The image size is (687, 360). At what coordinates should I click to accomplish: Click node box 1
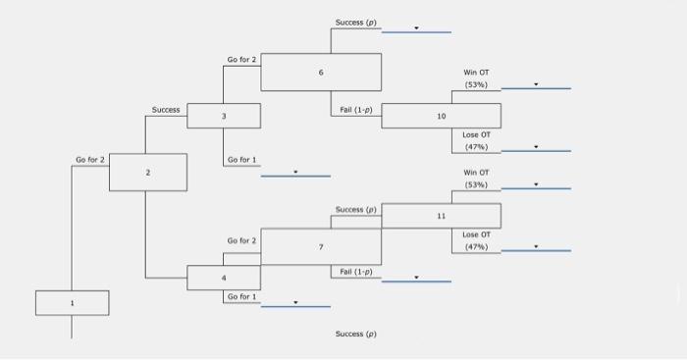(x=72, y=303)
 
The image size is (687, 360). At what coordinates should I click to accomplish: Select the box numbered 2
(x=146, y=173)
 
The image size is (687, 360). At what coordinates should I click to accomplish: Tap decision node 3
(x=224, y=116)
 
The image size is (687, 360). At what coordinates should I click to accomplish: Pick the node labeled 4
(x=224, y=278)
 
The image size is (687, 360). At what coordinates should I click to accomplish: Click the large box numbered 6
(x=320, y=73)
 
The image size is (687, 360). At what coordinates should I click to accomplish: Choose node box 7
(x=320, y=246)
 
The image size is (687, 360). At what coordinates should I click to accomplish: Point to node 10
(x=441, y=116)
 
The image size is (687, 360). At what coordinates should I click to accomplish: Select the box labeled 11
(x=441, y=215)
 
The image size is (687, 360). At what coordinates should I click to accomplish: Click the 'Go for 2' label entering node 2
(x=90, y=159)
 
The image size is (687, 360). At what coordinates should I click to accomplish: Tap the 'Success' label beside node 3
(x=166, y=110)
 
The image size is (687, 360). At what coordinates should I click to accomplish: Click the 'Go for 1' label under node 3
(x=241, y=159)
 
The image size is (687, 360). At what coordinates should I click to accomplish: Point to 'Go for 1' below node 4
(x=241, y=295)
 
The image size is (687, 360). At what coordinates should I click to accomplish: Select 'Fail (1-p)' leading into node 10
(x=355, y=110)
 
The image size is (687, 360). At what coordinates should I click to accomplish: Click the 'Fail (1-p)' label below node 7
(x=355, y=271)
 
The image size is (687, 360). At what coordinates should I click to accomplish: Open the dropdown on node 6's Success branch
(x=416, y=28)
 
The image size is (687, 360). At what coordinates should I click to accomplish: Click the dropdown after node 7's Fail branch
(x=416, y=278)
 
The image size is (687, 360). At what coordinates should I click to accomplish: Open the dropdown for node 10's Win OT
(x=536, y=84)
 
